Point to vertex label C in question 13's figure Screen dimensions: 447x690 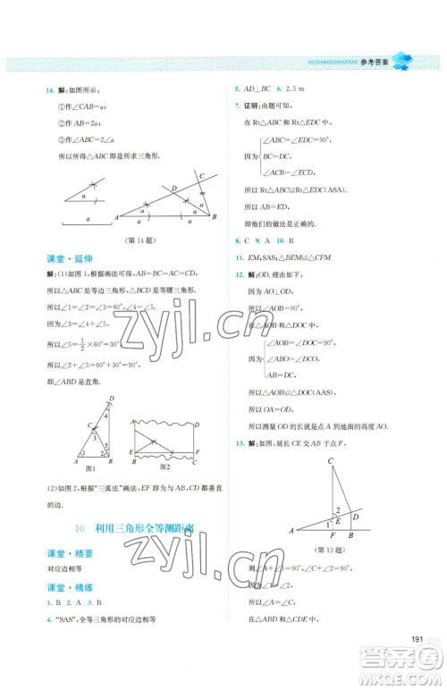coord(330,461)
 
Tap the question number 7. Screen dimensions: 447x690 coord(236,105)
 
